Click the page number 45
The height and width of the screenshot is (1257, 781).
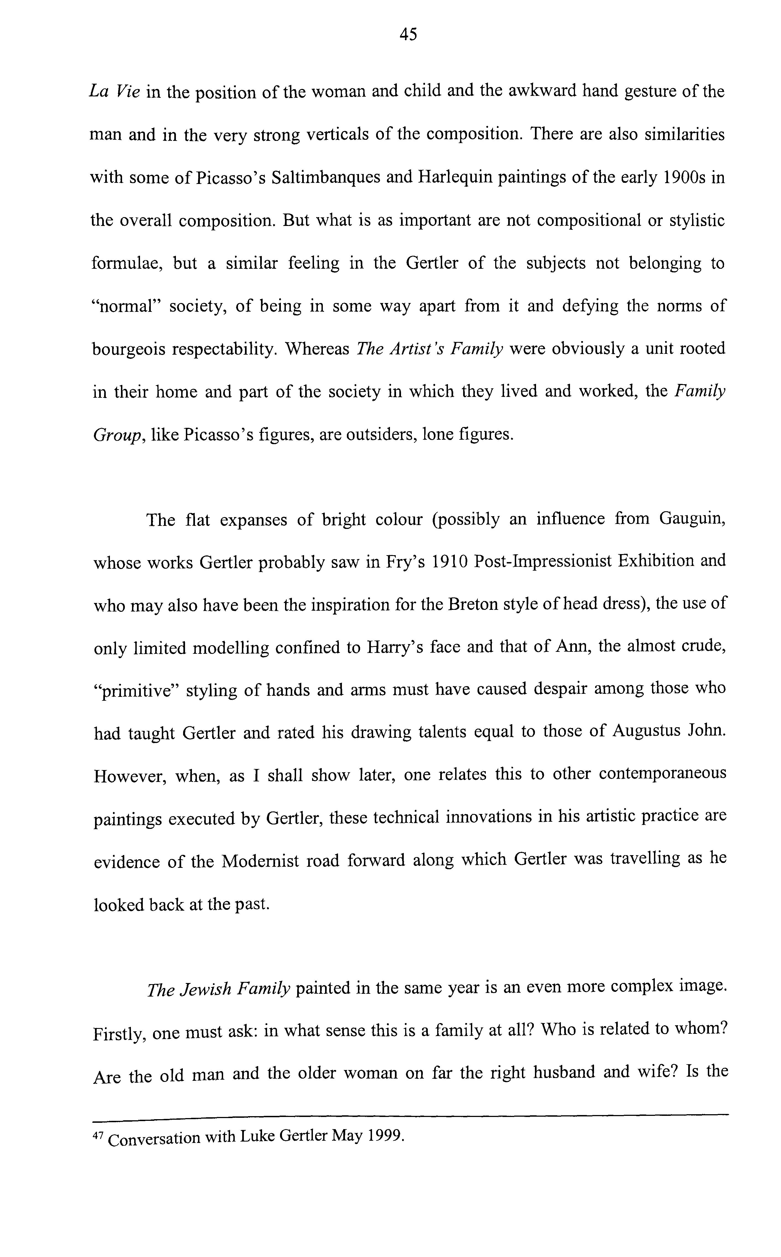tap(408, 35)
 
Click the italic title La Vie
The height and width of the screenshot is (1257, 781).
tap(114, 92)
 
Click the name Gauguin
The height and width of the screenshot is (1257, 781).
tap(692, 518)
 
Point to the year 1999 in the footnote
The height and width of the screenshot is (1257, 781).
tap(384, 1136)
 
